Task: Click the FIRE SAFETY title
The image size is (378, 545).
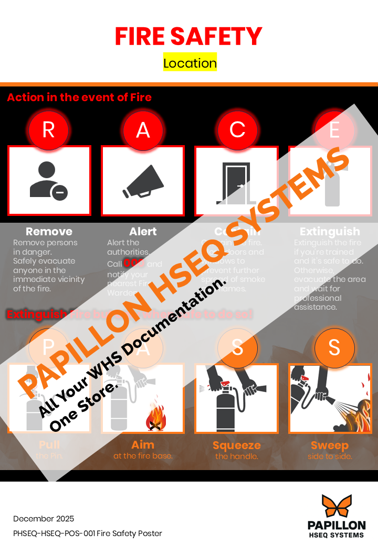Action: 188,36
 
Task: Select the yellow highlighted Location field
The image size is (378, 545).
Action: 190,63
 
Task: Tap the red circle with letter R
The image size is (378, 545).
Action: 48,129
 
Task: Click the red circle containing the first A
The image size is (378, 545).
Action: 143,129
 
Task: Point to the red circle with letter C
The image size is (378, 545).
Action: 237,129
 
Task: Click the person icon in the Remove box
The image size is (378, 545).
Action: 48,180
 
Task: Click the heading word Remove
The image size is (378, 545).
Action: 49,231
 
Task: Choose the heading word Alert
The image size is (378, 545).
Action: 143,231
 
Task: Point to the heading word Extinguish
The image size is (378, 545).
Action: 330,231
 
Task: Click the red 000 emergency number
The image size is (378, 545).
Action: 134,263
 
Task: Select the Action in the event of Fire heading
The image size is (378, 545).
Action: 79,97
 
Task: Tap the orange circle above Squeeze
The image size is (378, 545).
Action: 237,348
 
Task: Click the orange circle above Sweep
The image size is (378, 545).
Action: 334,348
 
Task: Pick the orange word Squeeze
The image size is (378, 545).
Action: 237,445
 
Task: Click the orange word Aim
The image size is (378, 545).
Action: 143,445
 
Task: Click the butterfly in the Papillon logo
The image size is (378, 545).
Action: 336,506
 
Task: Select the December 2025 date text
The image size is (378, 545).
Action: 44,519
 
